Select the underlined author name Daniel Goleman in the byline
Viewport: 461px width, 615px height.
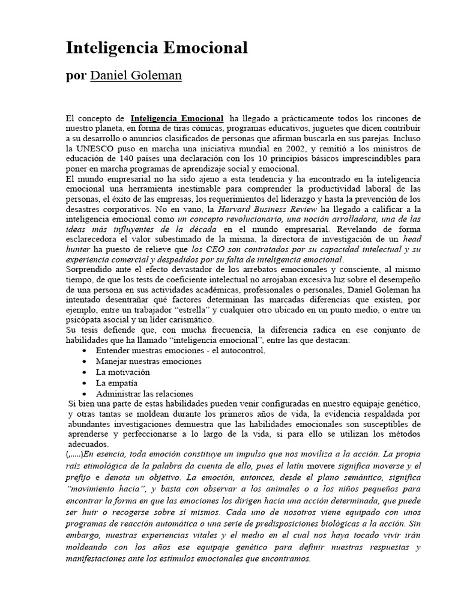tap(136, 76)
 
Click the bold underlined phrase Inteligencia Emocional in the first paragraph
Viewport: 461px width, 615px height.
tap(176, 118)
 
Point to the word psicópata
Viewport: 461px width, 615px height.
tap(86, 320)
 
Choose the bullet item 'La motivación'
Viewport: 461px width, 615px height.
tap(123, 372)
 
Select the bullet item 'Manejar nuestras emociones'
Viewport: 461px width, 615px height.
tap(148, 362)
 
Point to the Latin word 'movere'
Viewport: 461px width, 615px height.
tap(323, 466)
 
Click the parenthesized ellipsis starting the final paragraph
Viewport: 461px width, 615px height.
tap(74, 454)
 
